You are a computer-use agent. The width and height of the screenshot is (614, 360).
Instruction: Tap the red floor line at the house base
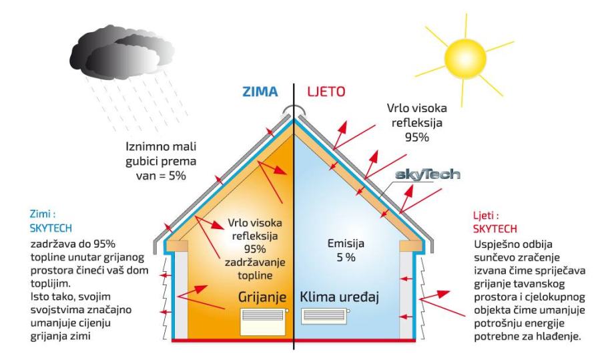294,341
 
